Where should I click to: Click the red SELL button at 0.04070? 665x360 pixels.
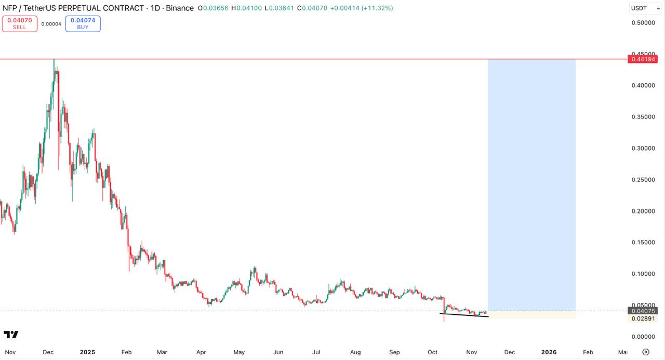[20, 23]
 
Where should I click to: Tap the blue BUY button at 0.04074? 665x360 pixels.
[83, 23]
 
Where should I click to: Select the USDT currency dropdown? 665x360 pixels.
[646, 8]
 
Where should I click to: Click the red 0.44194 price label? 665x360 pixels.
[643, 59]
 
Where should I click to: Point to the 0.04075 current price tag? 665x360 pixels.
[643, 311]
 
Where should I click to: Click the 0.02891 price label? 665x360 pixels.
[643, 318]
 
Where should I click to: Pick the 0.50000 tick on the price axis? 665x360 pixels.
[643, 23]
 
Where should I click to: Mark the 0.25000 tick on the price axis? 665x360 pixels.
[643, 180]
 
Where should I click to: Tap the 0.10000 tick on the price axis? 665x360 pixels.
[643, 274]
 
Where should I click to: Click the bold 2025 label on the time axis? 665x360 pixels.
[87, 352]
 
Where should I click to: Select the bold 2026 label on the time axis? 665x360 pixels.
[549, 352]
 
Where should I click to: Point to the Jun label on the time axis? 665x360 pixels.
[278, 352]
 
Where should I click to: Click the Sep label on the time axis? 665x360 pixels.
[394, 352]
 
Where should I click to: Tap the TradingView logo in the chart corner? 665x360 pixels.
[11, 335]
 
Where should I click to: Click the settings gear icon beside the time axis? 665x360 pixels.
[646, 352]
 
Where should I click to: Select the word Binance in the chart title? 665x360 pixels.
[180, 8]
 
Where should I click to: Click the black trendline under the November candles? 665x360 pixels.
[464, 315]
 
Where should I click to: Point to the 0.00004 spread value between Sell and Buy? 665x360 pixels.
[51, 24]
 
